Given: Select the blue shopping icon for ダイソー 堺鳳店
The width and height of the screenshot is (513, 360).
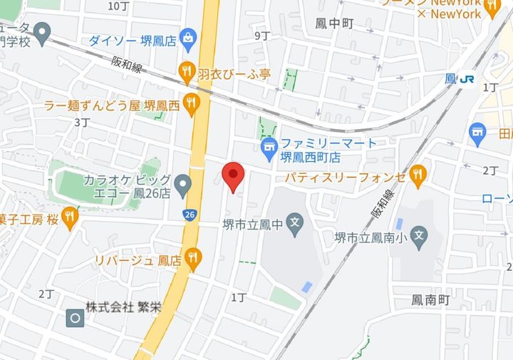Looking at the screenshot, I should (188, 36).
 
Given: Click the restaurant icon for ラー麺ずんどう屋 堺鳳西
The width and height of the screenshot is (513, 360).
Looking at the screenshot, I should (191, 105).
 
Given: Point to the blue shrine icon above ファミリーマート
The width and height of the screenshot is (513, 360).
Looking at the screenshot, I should (268, 148).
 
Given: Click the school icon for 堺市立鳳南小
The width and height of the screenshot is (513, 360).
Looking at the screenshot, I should (420, 234).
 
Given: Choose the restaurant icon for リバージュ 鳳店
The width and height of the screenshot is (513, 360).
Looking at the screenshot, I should (192, 257).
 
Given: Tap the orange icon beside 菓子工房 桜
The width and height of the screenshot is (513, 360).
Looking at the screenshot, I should (69, 217).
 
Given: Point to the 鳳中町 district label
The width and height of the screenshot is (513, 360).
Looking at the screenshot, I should (334, 24).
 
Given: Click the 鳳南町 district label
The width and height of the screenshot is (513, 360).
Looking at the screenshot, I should (430, 301).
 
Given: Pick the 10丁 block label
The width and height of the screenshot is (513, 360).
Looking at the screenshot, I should (118, 6).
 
